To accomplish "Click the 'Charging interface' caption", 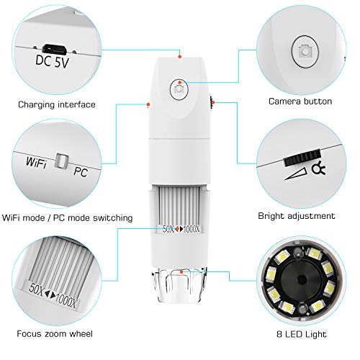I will click(x=58, y=105).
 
